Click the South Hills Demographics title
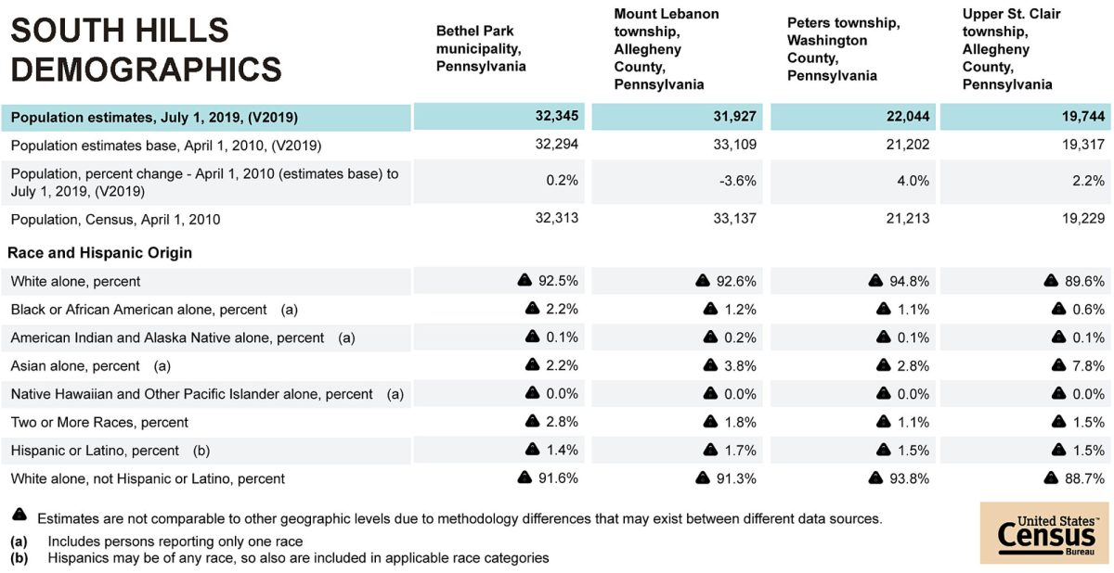click(x=146, y=50)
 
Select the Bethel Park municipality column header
click(x=481, y=48)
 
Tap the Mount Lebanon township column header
click(x=666, y=49)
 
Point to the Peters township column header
click(x=843, y=48)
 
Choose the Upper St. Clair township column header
click(x=1011, y=49)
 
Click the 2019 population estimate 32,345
click(x=556, y=118)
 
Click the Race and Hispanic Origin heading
click(x=101, y=252)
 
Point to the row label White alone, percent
click(x=76, y=281)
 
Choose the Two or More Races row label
click(x=99, y=422)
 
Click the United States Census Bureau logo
click(x=1044, y=533)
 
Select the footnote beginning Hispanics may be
click(x=298, y=558)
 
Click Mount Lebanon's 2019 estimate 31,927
click(x=737, y=118)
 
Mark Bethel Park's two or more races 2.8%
click(x=563, y=422)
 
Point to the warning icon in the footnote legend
click(x=19, y=516)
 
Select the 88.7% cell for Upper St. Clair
click(x=1086, y=478)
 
